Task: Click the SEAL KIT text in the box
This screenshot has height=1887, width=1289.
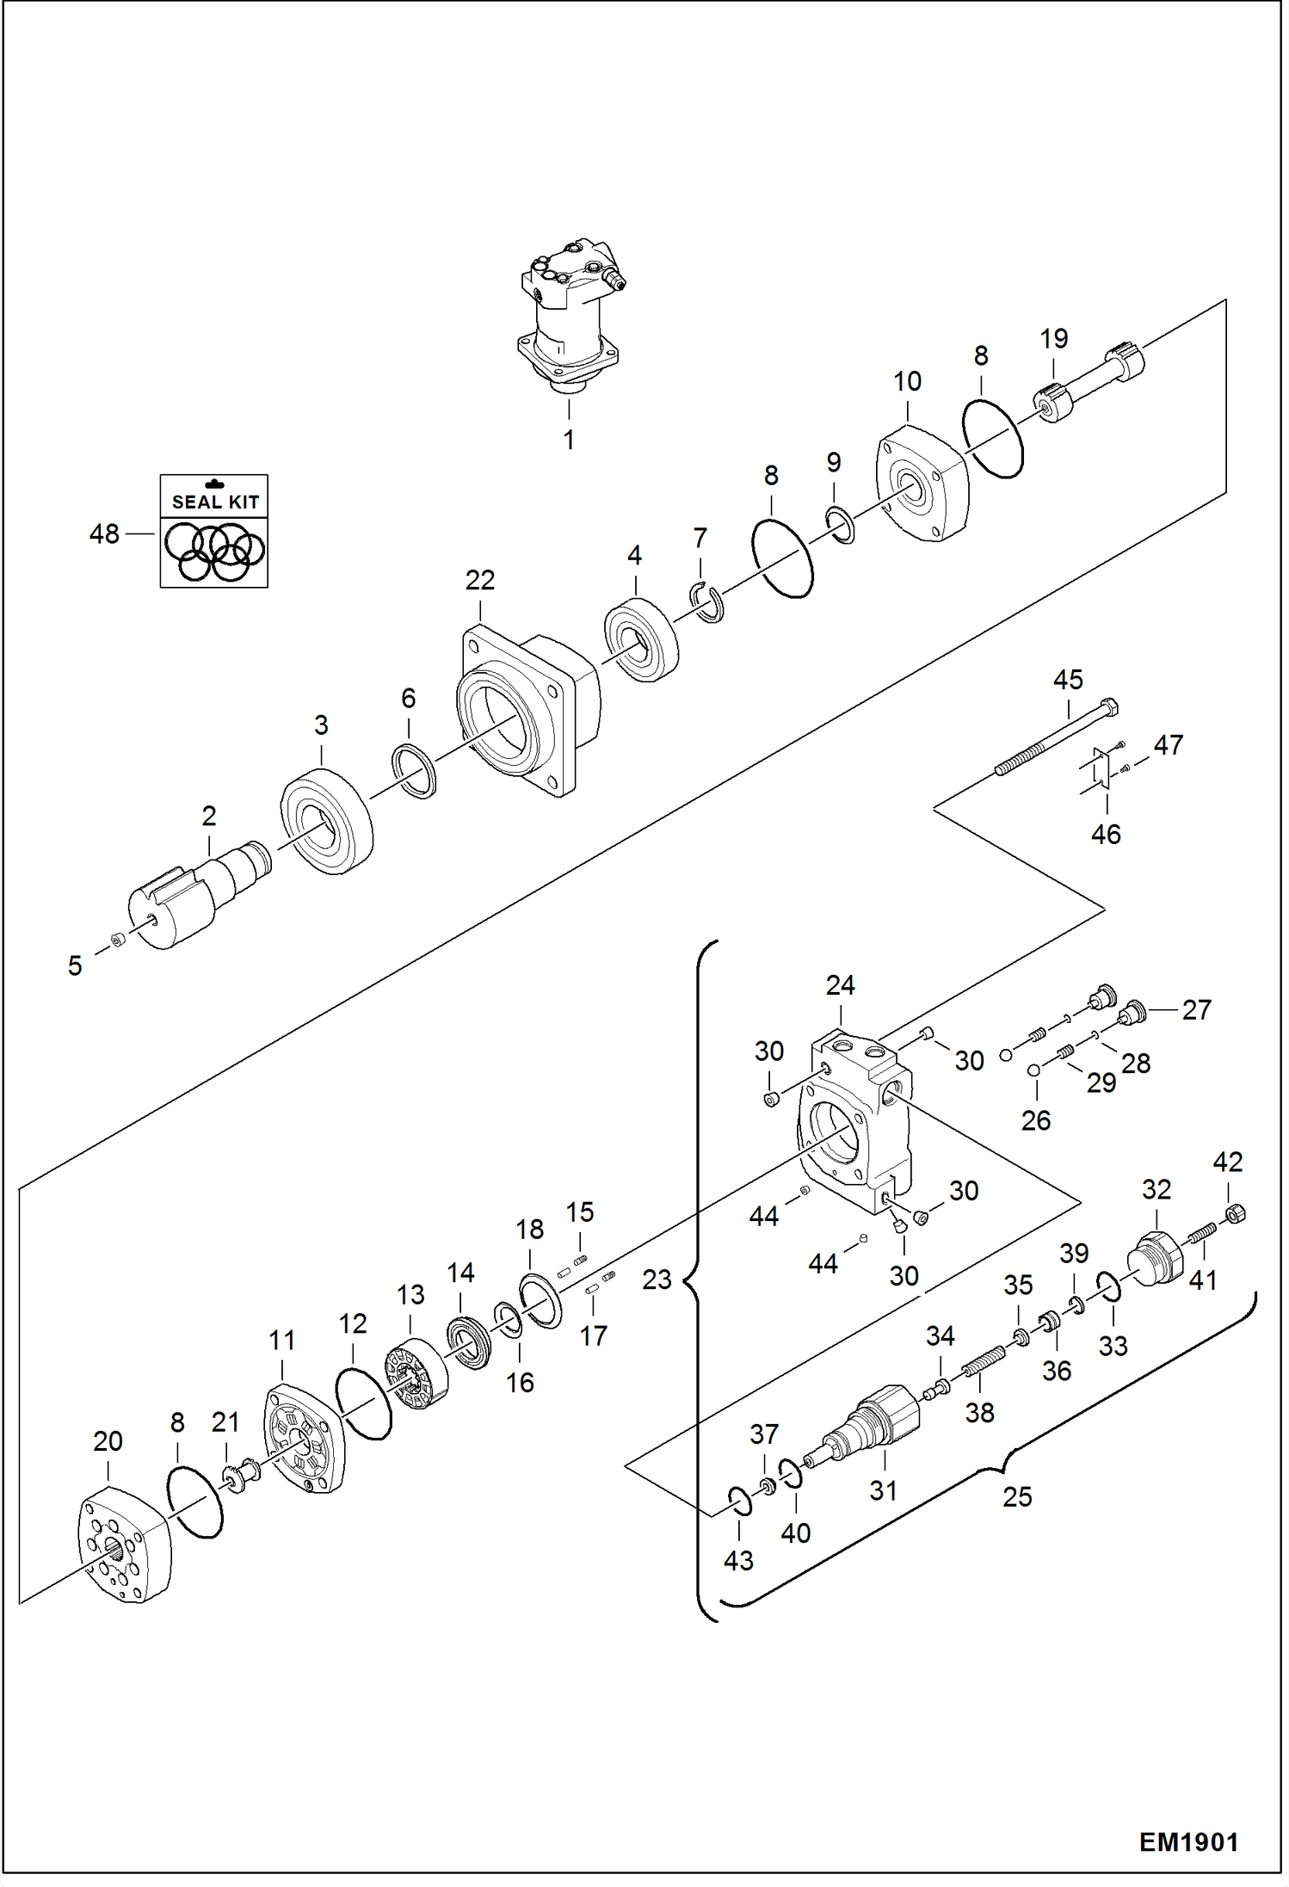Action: pos(214,502)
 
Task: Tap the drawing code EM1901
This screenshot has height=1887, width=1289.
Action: pos(1188,1842)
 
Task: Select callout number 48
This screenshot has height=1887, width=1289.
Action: pos(104,534)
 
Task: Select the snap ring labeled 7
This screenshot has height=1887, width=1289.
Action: pos(708,602)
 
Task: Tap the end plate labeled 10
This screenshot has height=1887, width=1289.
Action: pos(922,485)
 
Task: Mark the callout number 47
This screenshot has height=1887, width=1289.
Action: pos(1168,744)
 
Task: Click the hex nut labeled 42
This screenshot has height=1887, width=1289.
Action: pos(1235,1214)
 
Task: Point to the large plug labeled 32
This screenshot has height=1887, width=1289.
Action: pos(1156,1259)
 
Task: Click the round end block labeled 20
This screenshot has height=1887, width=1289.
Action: pos(126,1548)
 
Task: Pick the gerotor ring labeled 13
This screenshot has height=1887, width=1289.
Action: pos(416,1374)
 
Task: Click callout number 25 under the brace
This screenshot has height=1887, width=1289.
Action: pos(1016,1496)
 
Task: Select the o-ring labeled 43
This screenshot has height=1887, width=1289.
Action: pos(740,1501)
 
